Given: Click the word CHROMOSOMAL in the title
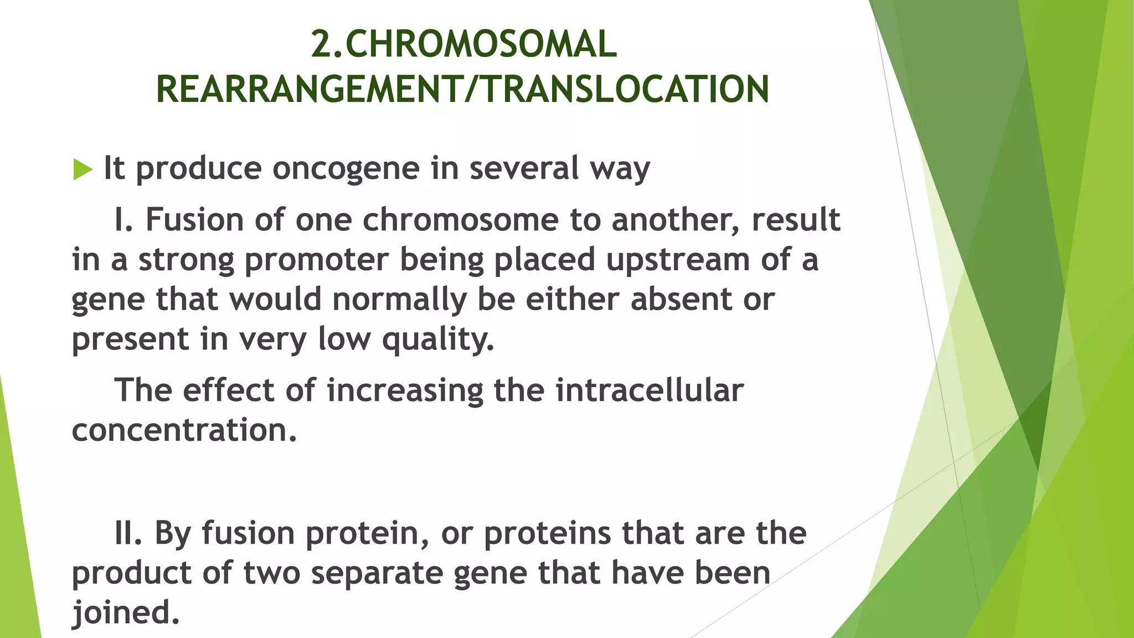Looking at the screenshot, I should click(480, 44).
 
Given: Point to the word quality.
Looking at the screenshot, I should click(437, 339).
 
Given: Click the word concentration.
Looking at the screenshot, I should click(184, 430).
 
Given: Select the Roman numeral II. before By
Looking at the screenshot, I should click(128, 533).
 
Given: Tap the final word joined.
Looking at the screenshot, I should click(126, 613).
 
